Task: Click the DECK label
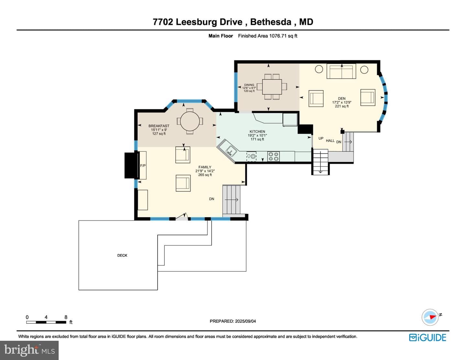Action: (122, 256)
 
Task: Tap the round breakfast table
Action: (190, 121)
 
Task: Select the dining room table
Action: (272, 87)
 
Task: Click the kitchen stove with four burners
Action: (273, 156)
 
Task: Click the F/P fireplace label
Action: (143, 166)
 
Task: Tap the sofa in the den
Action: (341, 71)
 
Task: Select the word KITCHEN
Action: (257, 132)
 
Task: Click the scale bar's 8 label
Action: (66, 317)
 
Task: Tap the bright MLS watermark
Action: (29, 350)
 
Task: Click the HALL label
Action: (330, 141)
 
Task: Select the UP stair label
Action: (321, 138)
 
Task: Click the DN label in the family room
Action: (212, 199)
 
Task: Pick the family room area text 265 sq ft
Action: (205, 175)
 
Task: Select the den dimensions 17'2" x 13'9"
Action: (342, 103)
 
